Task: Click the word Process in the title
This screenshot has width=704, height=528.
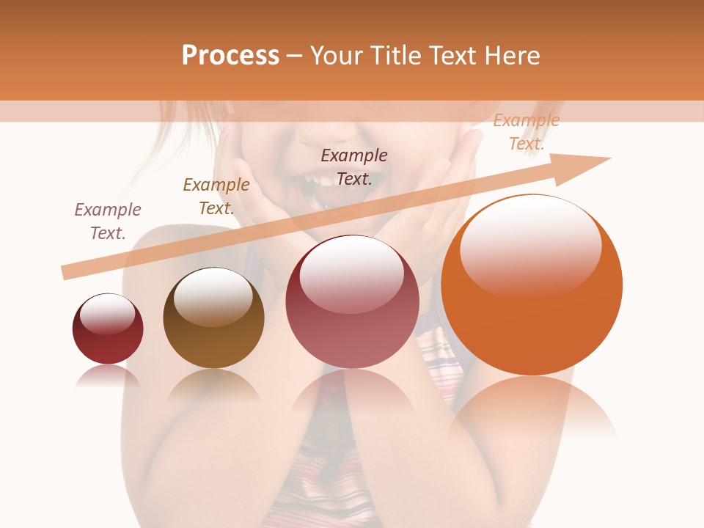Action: click(x=230, y=56)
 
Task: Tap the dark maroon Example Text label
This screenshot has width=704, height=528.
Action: click(x=354, y=166)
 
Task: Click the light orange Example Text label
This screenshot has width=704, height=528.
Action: click(x=527, y=132)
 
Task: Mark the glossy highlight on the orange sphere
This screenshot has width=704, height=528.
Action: click(x=530, y=246)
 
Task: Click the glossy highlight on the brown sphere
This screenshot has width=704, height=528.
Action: click(x=213, y=295)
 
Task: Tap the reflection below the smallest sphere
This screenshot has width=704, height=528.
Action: click(x=108, y=375)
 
